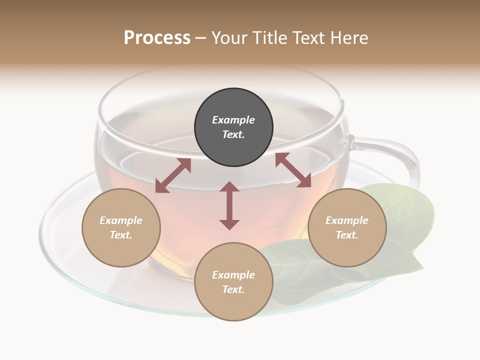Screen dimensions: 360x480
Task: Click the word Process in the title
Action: click(157, 38)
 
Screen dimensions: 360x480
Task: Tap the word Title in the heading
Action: click(270, 38)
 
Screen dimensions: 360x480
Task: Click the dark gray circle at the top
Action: click(233, 105)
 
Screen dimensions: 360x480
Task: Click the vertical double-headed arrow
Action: click(229, 205)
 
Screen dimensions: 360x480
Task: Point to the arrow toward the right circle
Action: click(293, 170)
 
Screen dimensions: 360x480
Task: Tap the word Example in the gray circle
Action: click(233, 120)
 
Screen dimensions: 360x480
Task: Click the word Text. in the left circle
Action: click(121, 235)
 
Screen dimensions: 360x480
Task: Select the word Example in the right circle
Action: click(347, 220)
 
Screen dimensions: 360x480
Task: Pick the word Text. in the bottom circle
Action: click(233, 289)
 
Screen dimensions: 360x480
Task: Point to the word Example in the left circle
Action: click(121, 220)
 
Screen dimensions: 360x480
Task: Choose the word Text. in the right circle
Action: click(347, 235)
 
